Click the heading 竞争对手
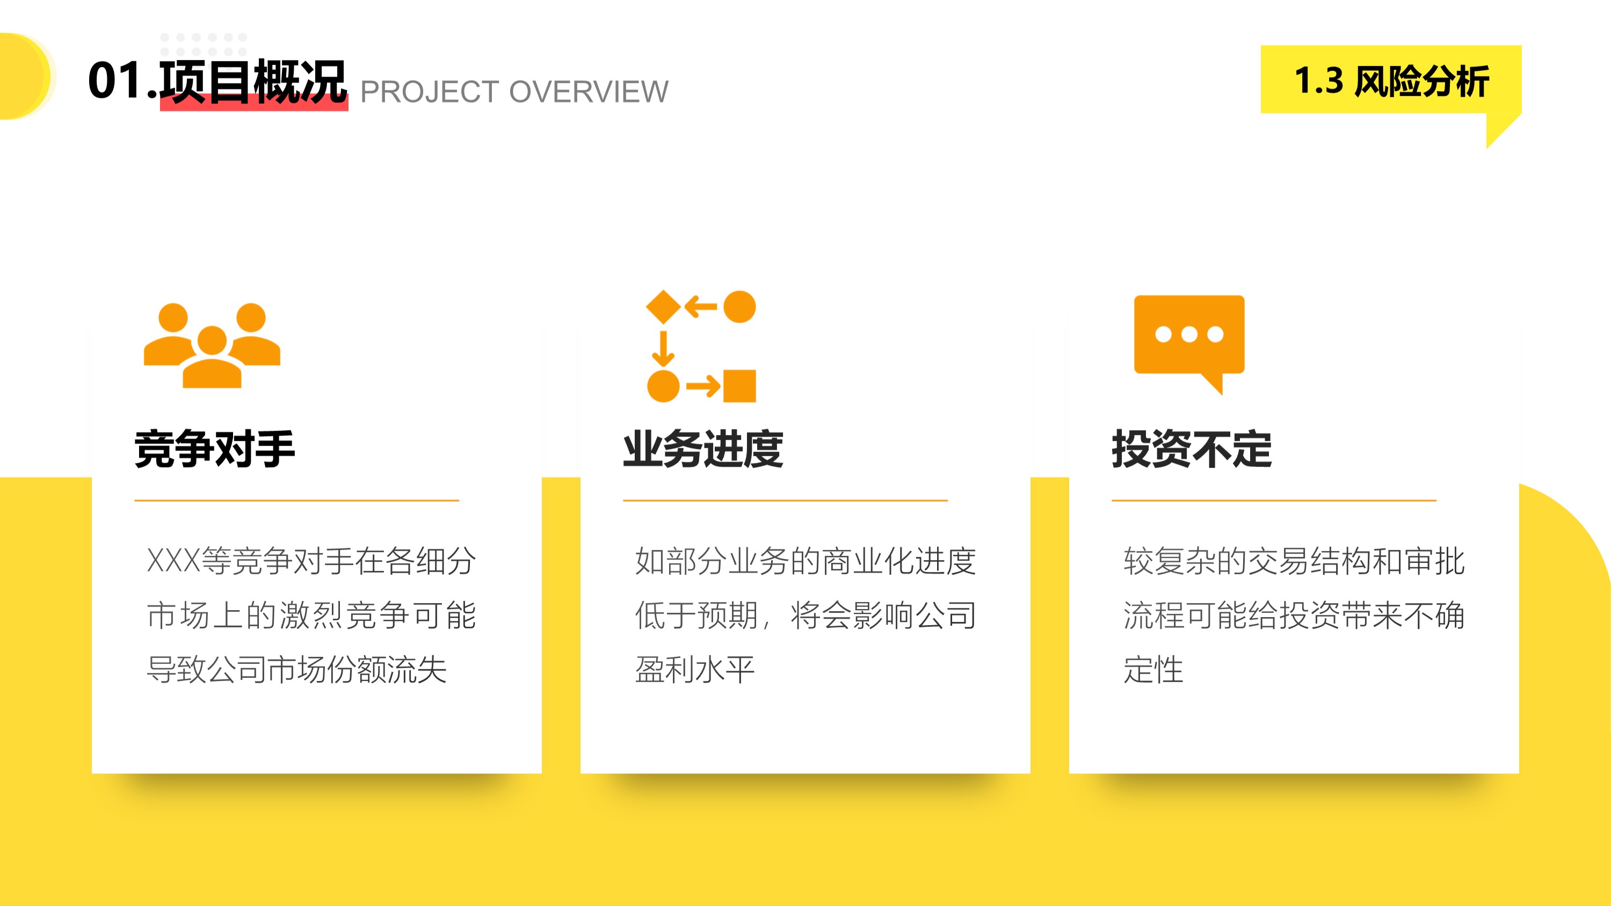[x=214, y=449]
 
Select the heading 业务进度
[x=703, y=449]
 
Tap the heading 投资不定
[x=1192, y=449]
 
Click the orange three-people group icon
[x=212, y=346]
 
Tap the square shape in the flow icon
[x=739, y=386]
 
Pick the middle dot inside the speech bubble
[x=1189, y=335]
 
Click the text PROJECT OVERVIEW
[x=514, y=92]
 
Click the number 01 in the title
[x=115, y=81]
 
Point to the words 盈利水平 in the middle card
[x=695, y=670]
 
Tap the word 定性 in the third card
[x=1153, y=670]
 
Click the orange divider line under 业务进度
[x=786, y=500]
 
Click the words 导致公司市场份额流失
[x=296, y=670]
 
